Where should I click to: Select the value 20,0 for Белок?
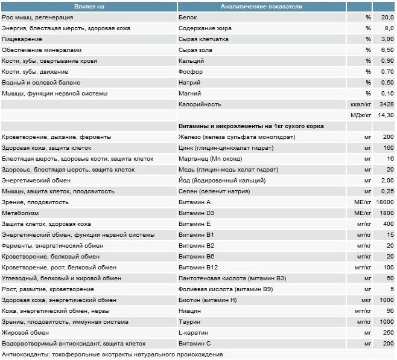click(387, 18)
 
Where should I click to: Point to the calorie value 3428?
click(386, 104)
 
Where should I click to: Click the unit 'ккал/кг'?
click(360, 104)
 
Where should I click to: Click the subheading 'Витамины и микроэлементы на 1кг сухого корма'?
click(252, 126)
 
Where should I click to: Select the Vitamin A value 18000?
click(384, 202)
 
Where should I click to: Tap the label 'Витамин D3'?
click(197, 213)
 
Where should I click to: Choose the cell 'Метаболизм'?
click(20, 213)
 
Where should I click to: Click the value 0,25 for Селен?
click(387, 191)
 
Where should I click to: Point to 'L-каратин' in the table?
click(194, 333)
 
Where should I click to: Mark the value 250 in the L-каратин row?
click(389, 333)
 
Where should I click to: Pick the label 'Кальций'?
click(192, 61)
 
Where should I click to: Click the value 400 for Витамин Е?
click(389, 224)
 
